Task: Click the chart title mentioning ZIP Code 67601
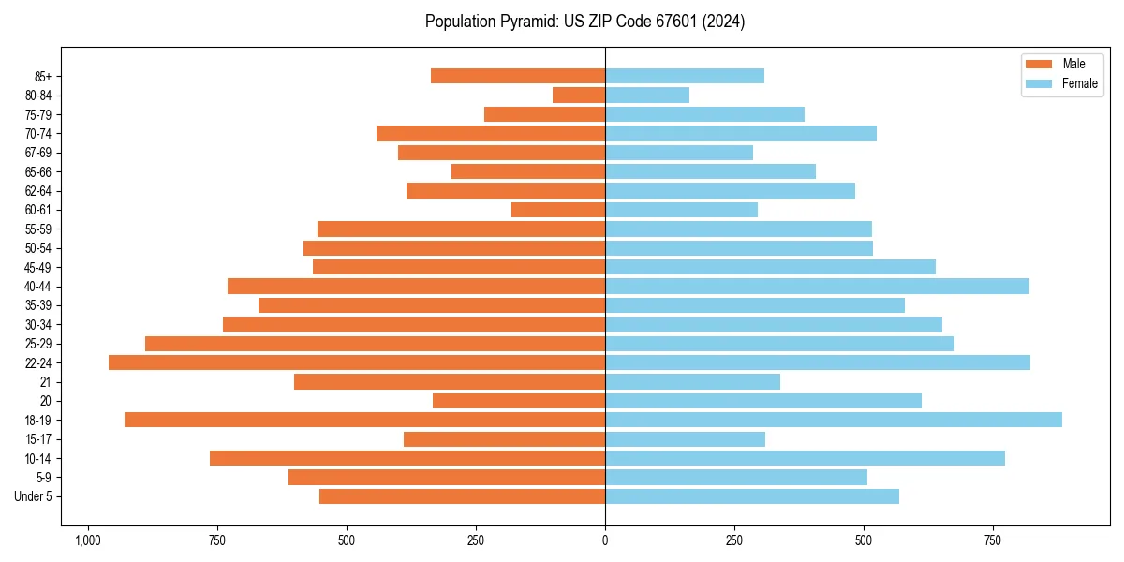(x=584, y=22)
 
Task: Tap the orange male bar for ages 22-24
(x=357, y=362)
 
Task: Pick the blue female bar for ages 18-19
(x=834, y=420)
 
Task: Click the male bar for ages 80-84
(x=579, y=95)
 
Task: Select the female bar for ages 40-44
(x=817, y=286)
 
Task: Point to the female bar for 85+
(x=685, y=76)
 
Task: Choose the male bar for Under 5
(x=462, y=496)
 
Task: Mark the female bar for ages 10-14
(x=805, y=458)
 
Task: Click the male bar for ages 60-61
(x=558, y=210)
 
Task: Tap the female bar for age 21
(x=692, y=381)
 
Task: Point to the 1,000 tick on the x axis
(x=88, y=540)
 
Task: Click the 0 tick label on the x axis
(x=605, y=540)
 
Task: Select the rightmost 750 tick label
(x=993, y=540)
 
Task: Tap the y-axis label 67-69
(x=38, y=153)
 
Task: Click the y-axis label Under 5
(x=33, y=496)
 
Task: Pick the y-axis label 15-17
(x=38, y=439)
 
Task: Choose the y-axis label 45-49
(x=38, y=267)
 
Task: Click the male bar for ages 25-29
(x=375, y=344)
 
